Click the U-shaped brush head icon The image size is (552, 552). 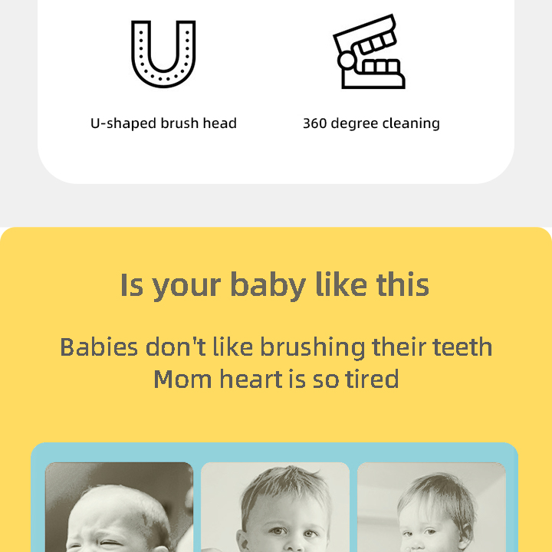(163, 54)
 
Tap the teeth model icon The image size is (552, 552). (369, 52)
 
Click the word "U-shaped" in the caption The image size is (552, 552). (117, 123)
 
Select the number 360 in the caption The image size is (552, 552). (315, 123)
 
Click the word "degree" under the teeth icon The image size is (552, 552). (357, 123)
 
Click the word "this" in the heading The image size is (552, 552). (402, 285)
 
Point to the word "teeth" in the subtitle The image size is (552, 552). (462, 347)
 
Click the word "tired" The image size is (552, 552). (373, 379)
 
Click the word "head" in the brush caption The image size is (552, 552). (219, 123)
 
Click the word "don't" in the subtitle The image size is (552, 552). (176, 347)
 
